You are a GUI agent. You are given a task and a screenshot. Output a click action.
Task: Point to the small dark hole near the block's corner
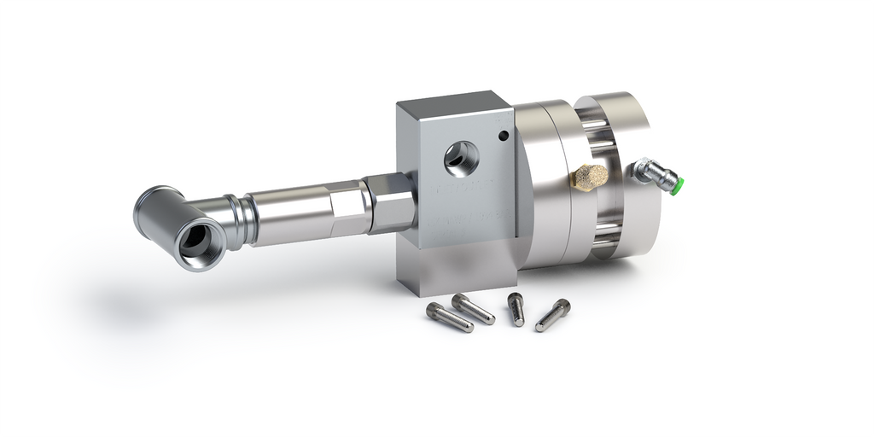click(x=504, y=135)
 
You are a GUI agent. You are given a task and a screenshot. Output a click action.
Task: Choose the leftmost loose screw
click(x=450, y=318)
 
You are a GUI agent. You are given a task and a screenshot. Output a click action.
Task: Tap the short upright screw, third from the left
click(x=516, y=308)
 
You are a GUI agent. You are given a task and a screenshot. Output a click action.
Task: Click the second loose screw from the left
click(x=474, y=308)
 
